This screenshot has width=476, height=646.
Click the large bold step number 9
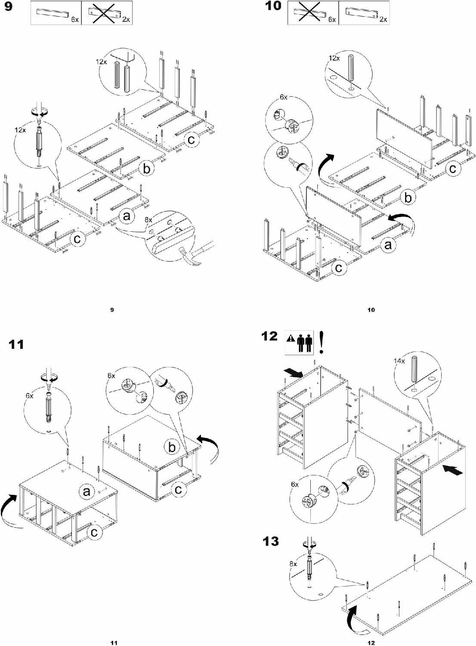[8, 7]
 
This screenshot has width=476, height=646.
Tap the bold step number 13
[271, 541]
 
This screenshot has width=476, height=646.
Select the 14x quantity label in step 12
[399, 361]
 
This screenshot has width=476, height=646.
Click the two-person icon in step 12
[305, 343]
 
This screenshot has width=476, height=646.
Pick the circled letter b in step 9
[146, 169]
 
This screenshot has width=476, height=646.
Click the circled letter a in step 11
[87, 491]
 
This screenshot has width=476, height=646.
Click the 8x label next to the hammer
[148, 220]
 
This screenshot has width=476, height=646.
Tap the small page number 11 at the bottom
[114, 643]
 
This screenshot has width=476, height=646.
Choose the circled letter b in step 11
[172, 447]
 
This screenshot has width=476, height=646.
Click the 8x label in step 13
[293, 563]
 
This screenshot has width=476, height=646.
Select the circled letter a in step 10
[388, 245]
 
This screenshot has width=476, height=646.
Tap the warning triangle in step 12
[291, 339]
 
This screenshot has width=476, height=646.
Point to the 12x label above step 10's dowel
[334, 58]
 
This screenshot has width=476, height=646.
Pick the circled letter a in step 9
[127, 215]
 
